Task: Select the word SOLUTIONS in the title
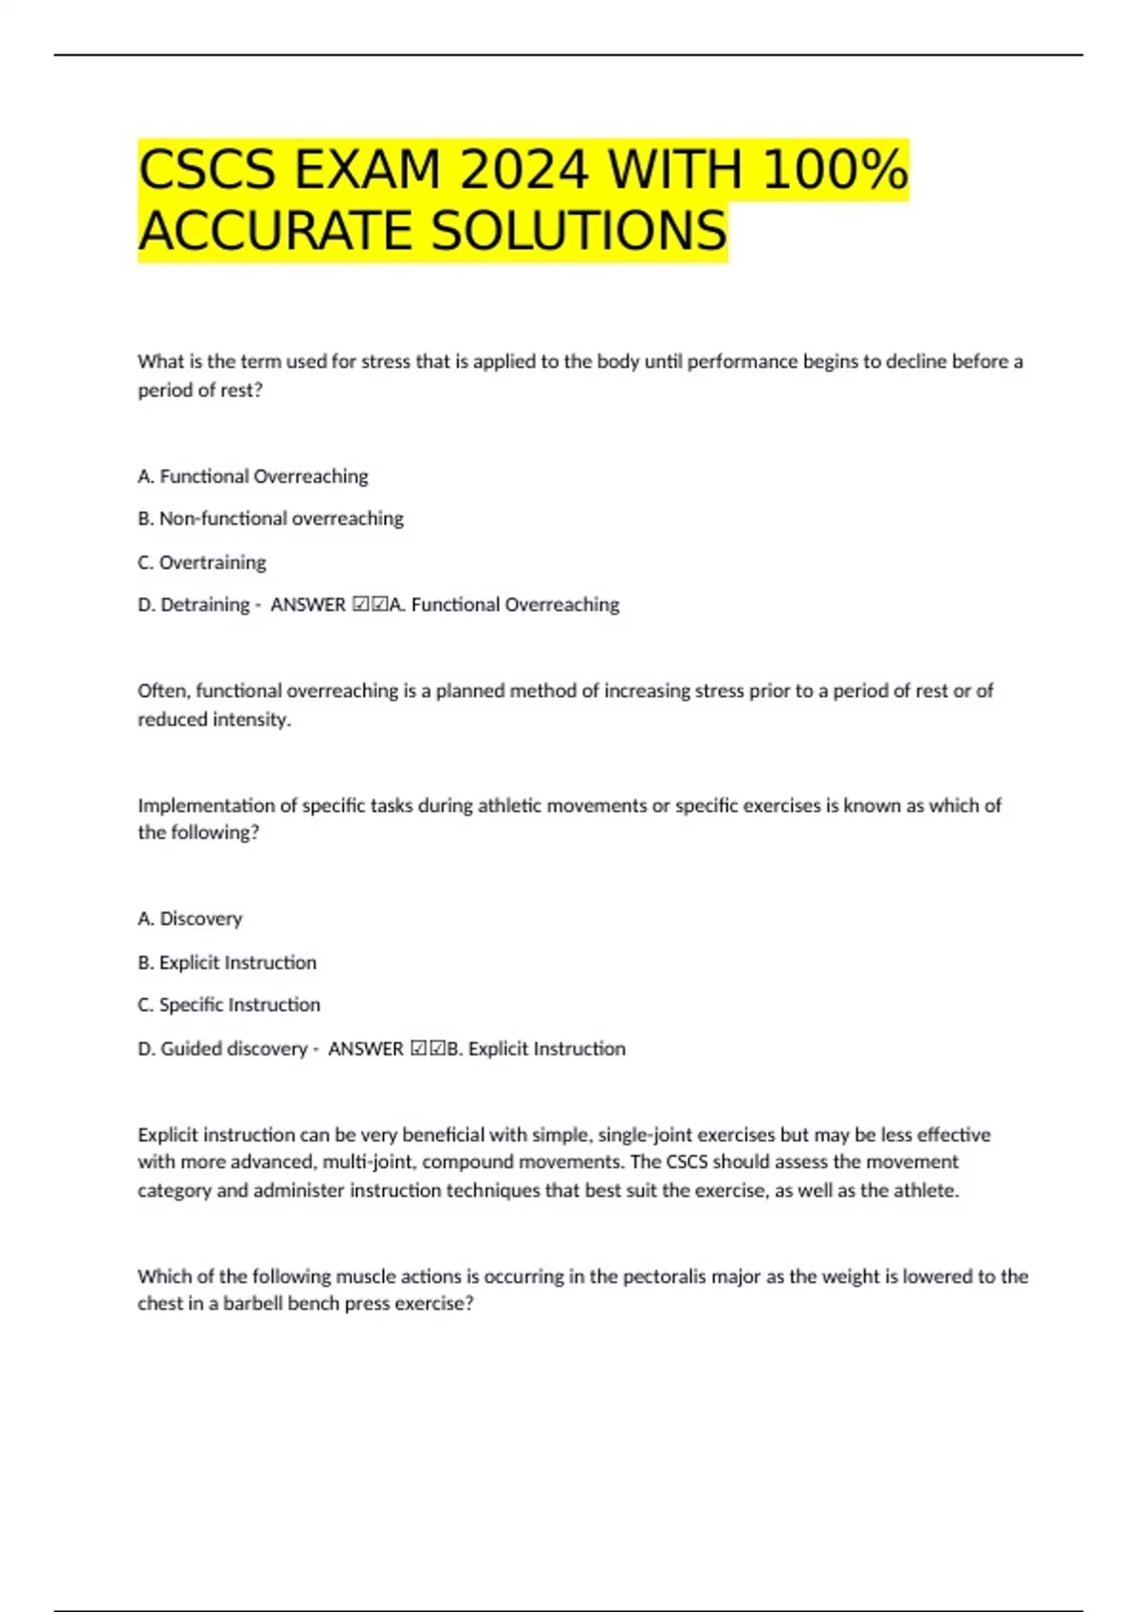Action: (x=579, y=231)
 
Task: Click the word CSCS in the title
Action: (x=208, y=171)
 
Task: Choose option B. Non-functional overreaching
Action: (x=270, y=519)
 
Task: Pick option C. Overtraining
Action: (x=202, y=562)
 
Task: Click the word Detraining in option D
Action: (x=205, y=605)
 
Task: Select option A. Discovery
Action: (x=190, y=919)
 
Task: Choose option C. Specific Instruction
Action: (x=229, y=1005)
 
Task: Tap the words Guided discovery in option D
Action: (x=233, y=1049)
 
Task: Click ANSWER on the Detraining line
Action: (x=308, y=605)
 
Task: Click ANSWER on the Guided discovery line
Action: (x=365, y=1049)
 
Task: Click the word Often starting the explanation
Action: (x=162, y=691)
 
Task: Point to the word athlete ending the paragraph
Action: (x=925, y=1191)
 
